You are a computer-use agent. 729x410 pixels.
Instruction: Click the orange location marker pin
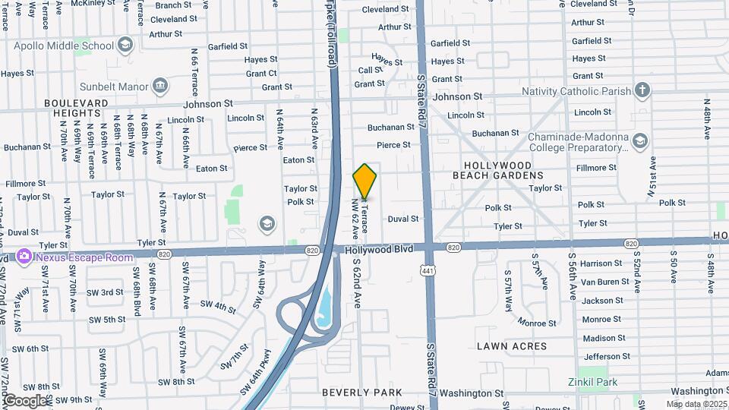click(364, 181)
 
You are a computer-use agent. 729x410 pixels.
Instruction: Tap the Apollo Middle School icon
click(125, 46)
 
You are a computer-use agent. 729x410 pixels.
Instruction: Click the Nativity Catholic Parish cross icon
click(642, 91)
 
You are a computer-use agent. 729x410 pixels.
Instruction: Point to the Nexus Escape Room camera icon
click(24, 256)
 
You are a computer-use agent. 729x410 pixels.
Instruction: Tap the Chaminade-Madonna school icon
click(640, 140)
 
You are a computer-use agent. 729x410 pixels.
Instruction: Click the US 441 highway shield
click(430, 270)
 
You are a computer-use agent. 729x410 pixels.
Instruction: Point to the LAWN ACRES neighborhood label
click(511, 346)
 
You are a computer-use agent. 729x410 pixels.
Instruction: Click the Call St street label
click(371, 70)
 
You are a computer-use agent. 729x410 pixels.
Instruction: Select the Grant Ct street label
click(261, 74)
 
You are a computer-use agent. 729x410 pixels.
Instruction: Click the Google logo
click(25, 400)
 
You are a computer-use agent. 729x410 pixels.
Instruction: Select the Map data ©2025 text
click(696, 404)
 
